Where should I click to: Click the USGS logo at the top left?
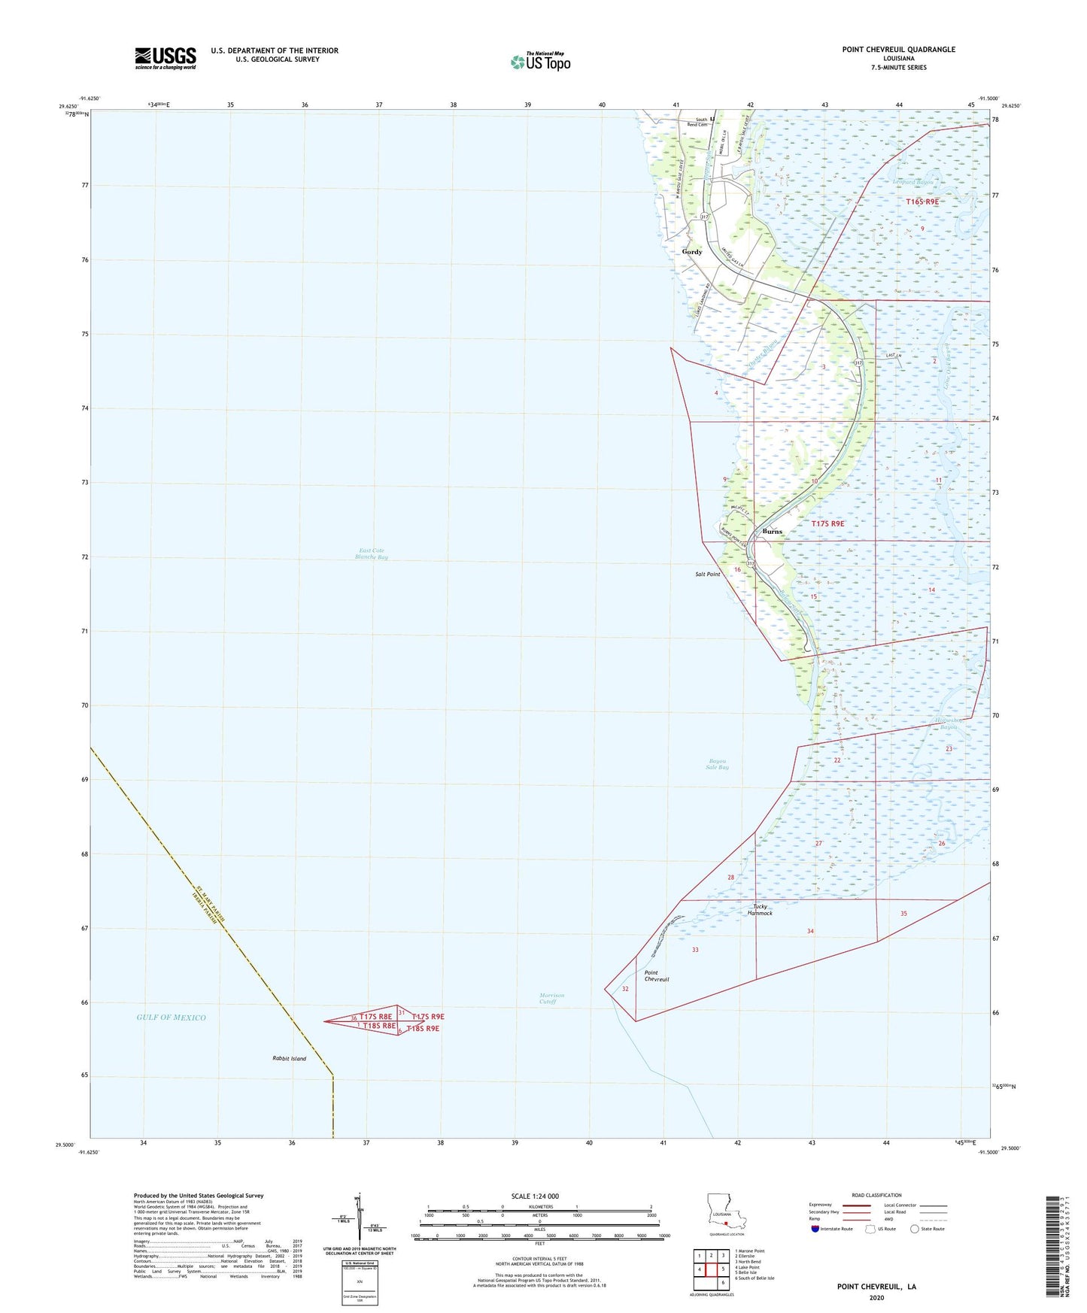coord(165,58)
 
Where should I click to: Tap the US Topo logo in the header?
coord(540,62)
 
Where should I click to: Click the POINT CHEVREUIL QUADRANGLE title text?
coord(898,50)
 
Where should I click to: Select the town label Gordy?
coord(692,252)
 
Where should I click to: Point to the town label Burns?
coord(772,532)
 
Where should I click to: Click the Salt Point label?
coord(707,575)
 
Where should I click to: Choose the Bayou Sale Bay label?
coord(717,764)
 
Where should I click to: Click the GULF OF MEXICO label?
coord(171,1017)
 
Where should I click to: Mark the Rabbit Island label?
coord(289,1059)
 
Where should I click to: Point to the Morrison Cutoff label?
coord(551,999)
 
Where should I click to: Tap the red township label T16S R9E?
coord(922,202)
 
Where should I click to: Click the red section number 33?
coord(695,950)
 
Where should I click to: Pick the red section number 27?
coord(818,844)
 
